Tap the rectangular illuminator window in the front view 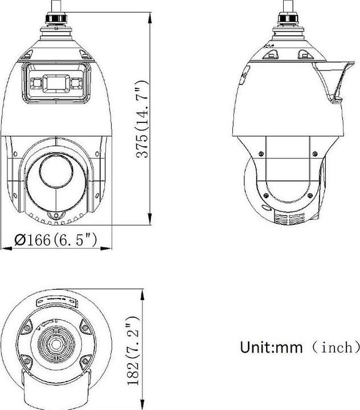[55, 83]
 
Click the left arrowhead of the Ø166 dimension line [5, 248]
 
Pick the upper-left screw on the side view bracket [260, 152]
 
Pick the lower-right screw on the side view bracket [310, 196]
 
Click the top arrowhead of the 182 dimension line [141, 292]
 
